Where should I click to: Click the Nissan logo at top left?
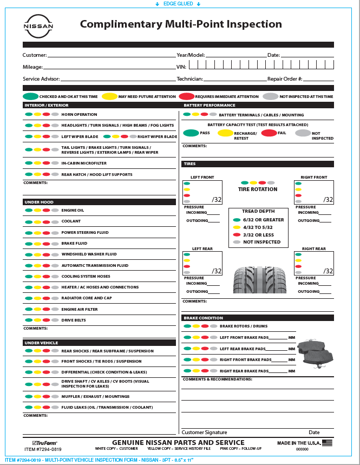[x=38, y=26]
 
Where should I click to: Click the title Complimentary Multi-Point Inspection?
[x=181, y=24]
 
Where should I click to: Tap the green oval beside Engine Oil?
[x=28, y=210]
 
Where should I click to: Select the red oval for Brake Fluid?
[x=46, y=244]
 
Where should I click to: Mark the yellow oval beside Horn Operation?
[x=37, y=115]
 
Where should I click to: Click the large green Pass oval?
[x=191, y=133]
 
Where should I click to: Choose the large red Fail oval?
[x=269, y=133]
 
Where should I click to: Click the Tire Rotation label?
[x=258, y=189]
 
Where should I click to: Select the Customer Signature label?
[x=204, y=433]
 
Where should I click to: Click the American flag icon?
[x=327, y=443]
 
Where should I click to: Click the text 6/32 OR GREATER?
[x=263, y=220]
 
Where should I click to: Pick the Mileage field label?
[x=32, y=67]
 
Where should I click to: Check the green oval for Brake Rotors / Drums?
[x=187, y=326]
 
